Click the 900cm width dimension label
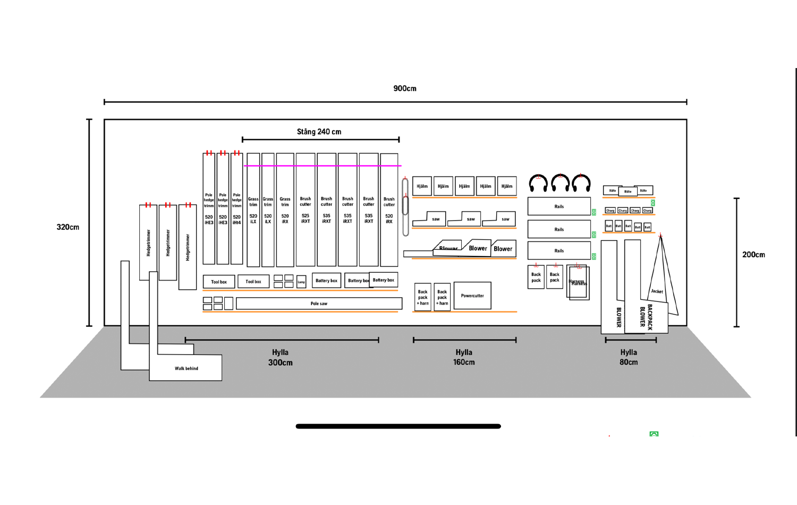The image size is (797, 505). tap(404, 88)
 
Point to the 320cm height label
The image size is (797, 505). tap(67, 227)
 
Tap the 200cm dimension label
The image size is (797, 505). tap(753, 255)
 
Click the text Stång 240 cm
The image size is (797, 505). tap(319, 132)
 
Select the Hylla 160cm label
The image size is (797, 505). tap(464, 357)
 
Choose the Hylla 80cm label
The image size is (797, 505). tap(629, 357)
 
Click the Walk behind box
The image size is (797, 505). tap(186, 368)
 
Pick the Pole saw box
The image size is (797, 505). tap(319, 304)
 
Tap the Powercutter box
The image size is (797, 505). tap(472, 296)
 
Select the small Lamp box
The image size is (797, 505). tap(301, 282)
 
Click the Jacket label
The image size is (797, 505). tap(657, 291)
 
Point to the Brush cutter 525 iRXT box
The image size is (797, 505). tap(306, 210)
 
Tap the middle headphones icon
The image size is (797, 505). tap(560, 183)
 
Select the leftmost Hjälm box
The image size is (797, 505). tap(422, 186)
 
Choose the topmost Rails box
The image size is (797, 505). tap(559, 206)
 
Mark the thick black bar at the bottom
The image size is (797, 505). tap(398, 426)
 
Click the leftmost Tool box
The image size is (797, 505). tap(219, 282)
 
